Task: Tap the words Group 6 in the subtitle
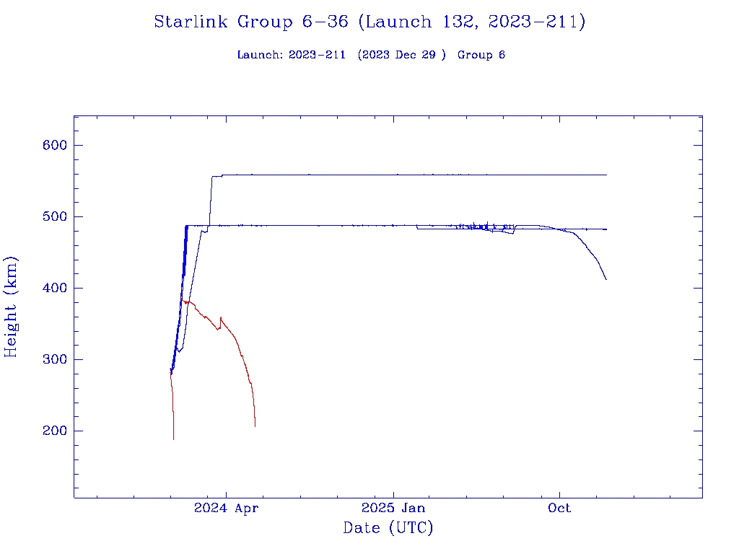(481, 55)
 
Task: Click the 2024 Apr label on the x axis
(226, 508)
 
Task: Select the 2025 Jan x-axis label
(393, 508)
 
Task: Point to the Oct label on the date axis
(559, 508)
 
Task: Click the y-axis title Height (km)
(11, 307)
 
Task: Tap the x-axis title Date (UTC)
(388, 528)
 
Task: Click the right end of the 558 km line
(606, 175)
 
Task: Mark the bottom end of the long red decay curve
(255, 426)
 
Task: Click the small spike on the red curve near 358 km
(221, 317)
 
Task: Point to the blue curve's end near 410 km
(606, 279)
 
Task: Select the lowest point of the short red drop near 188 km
(173, 439)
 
